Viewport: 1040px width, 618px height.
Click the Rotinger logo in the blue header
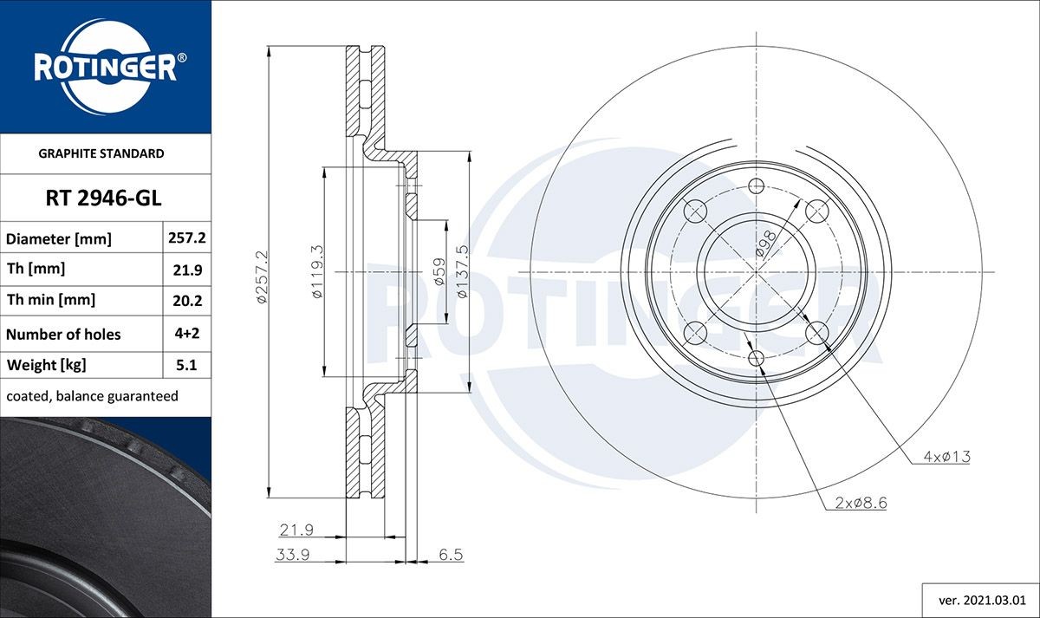(x=105, y=67)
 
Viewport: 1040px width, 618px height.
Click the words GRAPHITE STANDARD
(x=101, y=153)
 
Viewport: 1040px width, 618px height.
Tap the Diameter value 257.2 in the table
(x=187, y=237)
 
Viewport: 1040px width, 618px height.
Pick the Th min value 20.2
(x=187, y=301)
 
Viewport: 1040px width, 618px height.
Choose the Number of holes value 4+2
(x=187, y=333)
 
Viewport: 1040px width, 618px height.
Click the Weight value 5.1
(x=187, y=366)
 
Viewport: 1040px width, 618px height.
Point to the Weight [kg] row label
(x=47, y=366)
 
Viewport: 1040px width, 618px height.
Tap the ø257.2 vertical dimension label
(x=263, y=276)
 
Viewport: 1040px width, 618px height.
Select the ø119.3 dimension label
(x=317, y=273)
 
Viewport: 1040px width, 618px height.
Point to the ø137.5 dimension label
(x=462, y=272)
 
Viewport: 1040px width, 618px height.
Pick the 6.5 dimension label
(x=451, y=554)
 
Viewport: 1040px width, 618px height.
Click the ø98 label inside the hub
(x=765, y=245)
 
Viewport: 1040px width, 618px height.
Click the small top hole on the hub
(x=756, y=185)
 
